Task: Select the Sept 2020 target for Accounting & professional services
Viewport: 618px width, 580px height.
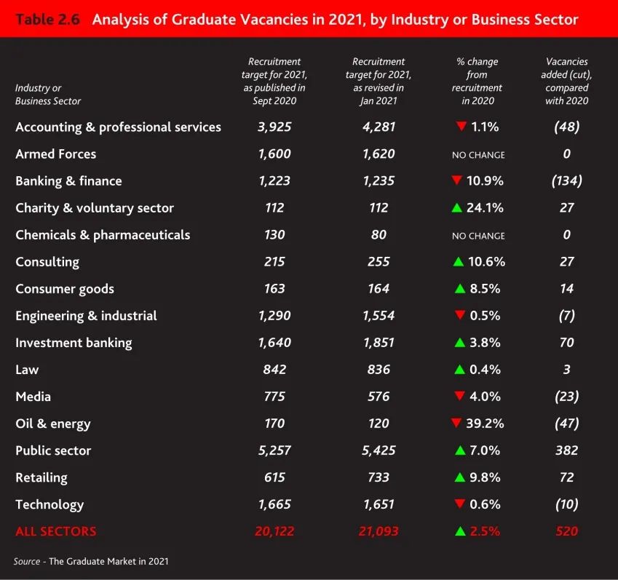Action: pyautogui.click(x=274, y=127)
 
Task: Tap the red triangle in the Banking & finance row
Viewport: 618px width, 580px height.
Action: pyautogui.click(x=456, y=180)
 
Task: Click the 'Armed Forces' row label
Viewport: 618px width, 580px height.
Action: pyautogui.click(x=55, y=154)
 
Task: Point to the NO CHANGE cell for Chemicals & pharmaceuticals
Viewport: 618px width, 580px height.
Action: pyautogui.click(x=478, y=236)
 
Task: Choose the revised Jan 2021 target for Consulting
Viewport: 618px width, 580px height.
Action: pyautogui.click(x=379, y=261)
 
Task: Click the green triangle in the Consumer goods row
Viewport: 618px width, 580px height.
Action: pyautogui.click(x=459, y=288)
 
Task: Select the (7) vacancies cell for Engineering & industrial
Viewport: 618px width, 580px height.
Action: pyautogui.click(x=567, y=315)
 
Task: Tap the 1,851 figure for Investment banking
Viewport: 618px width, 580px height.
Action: pyautogui.click(x=379, y=342)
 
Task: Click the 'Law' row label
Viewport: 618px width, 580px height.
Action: pyautogui.click(x=27, y=369)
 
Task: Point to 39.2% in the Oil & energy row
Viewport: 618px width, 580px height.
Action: pyautogui.click(x=486, y=423)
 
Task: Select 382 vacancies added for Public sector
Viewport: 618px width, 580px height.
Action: pyautogui.click(x=567, y=450)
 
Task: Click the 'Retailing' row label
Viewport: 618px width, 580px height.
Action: pyautogui.click(x=41, y=477)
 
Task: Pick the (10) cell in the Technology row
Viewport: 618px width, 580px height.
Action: pyautogui.click(x=567, y=504)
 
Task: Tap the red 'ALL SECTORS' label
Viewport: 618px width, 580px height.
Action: pyautogui.click(x=55, y=531)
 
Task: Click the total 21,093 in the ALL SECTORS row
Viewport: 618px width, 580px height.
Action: pyautogui.click(x=379, y=531)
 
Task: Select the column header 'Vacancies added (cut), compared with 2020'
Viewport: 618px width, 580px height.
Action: pyautogui.click(x=567, y=81)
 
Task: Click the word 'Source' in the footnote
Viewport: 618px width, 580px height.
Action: pyautogui.click(x=26, y=562)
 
